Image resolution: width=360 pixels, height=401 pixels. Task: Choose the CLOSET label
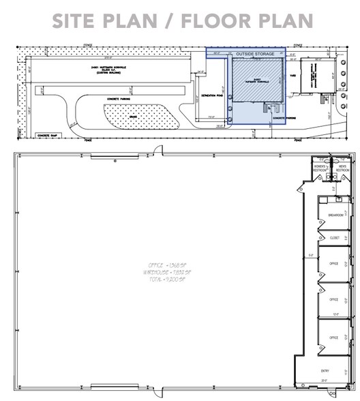pyautogui.click(x=335, y=238)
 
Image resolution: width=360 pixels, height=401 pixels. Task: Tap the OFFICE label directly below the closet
pyautogui.click(x=335, y=263)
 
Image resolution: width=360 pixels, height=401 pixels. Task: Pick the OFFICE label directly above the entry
pyautogui.click(x=335, y=337)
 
